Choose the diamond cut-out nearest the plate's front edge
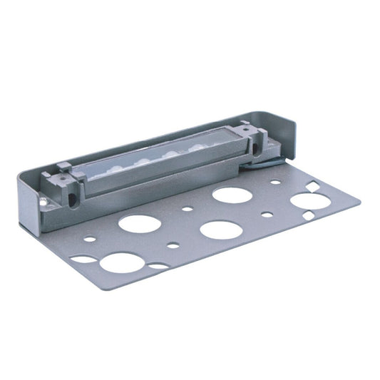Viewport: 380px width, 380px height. coord(308,215)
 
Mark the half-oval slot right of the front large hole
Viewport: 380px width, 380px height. coord(159,266)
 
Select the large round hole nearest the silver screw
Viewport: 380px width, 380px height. coord(138,222)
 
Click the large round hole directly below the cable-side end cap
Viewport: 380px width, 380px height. coord(230,194)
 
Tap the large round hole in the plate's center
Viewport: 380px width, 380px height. coord(220,230)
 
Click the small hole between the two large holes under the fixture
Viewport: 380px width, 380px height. coord(187,210)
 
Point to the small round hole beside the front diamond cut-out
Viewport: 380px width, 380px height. coord(267,214)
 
